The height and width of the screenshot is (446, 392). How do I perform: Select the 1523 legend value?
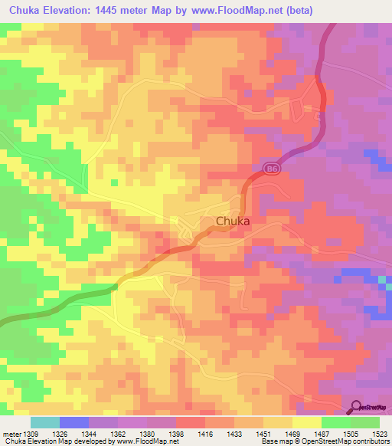point(379,434)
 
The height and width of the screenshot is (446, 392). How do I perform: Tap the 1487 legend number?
point(321,434)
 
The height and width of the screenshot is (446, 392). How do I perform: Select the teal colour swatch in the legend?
point(45,422)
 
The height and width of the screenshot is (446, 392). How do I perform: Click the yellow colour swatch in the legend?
point(306,422)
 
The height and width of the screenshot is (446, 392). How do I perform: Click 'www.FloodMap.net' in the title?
point(231,10)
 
